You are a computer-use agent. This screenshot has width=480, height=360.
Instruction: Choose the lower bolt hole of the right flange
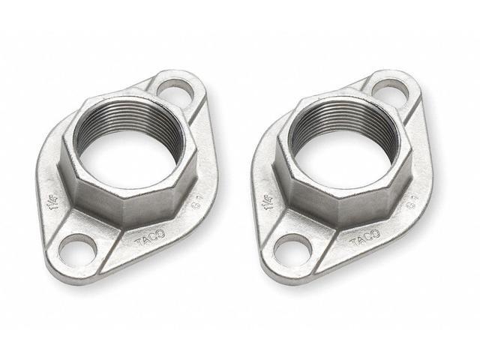[x=291, y=247]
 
